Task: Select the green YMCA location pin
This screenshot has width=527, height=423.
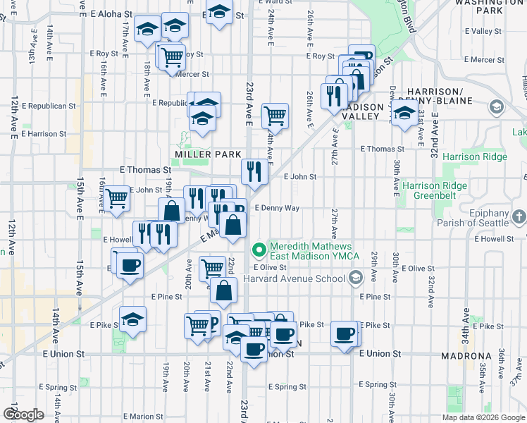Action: click(259, 249)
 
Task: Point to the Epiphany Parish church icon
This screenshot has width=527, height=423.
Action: click(520, 214)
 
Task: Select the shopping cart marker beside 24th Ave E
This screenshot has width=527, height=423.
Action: click(275, 115)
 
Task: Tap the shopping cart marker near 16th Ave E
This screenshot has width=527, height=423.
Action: click(117, 198)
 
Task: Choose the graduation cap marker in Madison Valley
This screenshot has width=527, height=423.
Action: click(404, 113)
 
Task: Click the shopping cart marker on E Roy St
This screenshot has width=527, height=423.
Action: click(171, 56)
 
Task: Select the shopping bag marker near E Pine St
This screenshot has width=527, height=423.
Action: click(223, 290)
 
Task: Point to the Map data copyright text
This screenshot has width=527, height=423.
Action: click(483, 417)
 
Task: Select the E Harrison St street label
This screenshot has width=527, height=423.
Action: click(44, 133)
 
